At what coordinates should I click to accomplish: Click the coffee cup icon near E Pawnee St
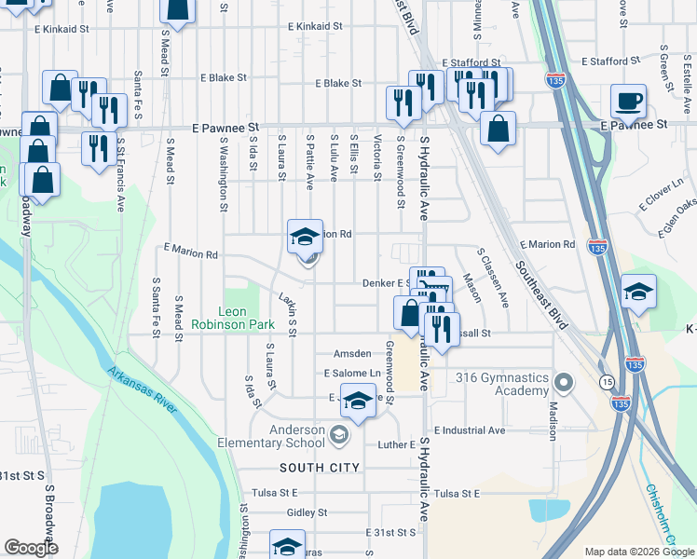click(x=628, y=102)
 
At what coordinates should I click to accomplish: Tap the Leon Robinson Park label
click(x=233, y=318)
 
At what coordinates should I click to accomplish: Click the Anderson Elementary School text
click(x=270, y=436)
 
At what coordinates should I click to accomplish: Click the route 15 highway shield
click(x=606, y=383)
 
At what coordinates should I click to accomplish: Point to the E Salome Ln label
click(x=353, y=374)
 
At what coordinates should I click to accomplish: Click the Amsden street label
click(x=352, y=354)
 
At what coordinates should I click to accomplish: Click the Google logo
click(x=31, y=548)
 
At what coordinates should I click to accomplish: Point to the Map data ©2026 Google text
click(x=638, y=552)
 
